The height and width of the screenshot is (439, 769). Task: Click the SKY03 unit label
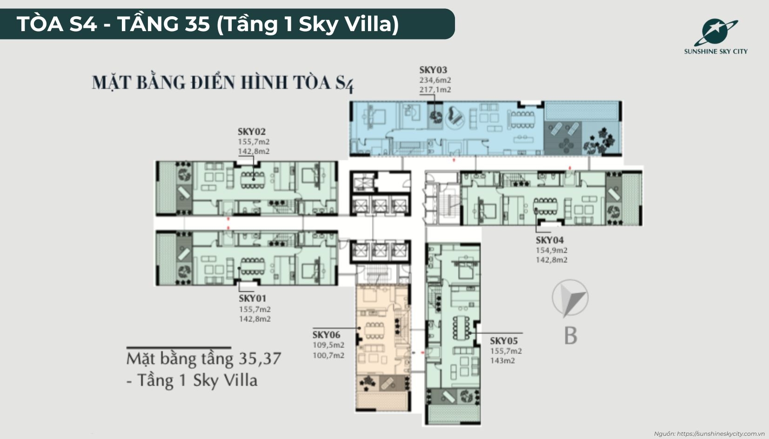(433, 70)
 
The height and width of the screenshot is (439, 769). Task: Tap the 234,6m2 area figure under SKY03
(435, 80)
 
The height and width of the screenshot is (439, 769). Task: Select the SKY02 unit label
(252, 131)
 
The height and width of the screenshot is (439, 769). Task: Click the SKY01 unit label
(253, 298)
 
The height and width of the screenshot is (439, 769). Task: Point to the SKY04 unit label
(549, 240)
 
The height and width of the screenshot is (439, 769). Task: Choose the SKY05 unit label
(503, 341)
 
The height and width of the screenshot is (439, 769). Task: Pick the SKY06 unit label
(326, 334)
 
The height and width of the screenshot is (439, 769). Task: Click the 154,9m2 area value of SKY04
(551, 250)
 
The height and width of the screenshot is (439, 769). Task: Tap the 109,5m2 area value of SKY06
(328, 345)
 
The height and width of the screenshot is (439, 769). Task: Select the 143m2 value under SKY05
(502, 360)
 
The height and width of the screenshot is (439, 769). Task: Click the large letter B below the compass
(570, 335)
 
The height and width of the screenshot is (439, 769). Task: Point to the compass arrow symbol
(571, 298)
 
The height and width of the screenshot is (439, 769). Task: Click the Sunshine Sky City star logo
(716, 33)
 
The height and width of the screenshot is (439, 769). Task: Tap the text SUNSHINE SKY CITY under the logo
(716, 52)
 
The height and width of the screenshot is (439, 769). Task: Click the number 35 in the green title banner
(197, 24)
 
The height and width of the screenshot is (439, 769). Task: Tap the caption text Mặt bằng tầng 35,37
(204, 359)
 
